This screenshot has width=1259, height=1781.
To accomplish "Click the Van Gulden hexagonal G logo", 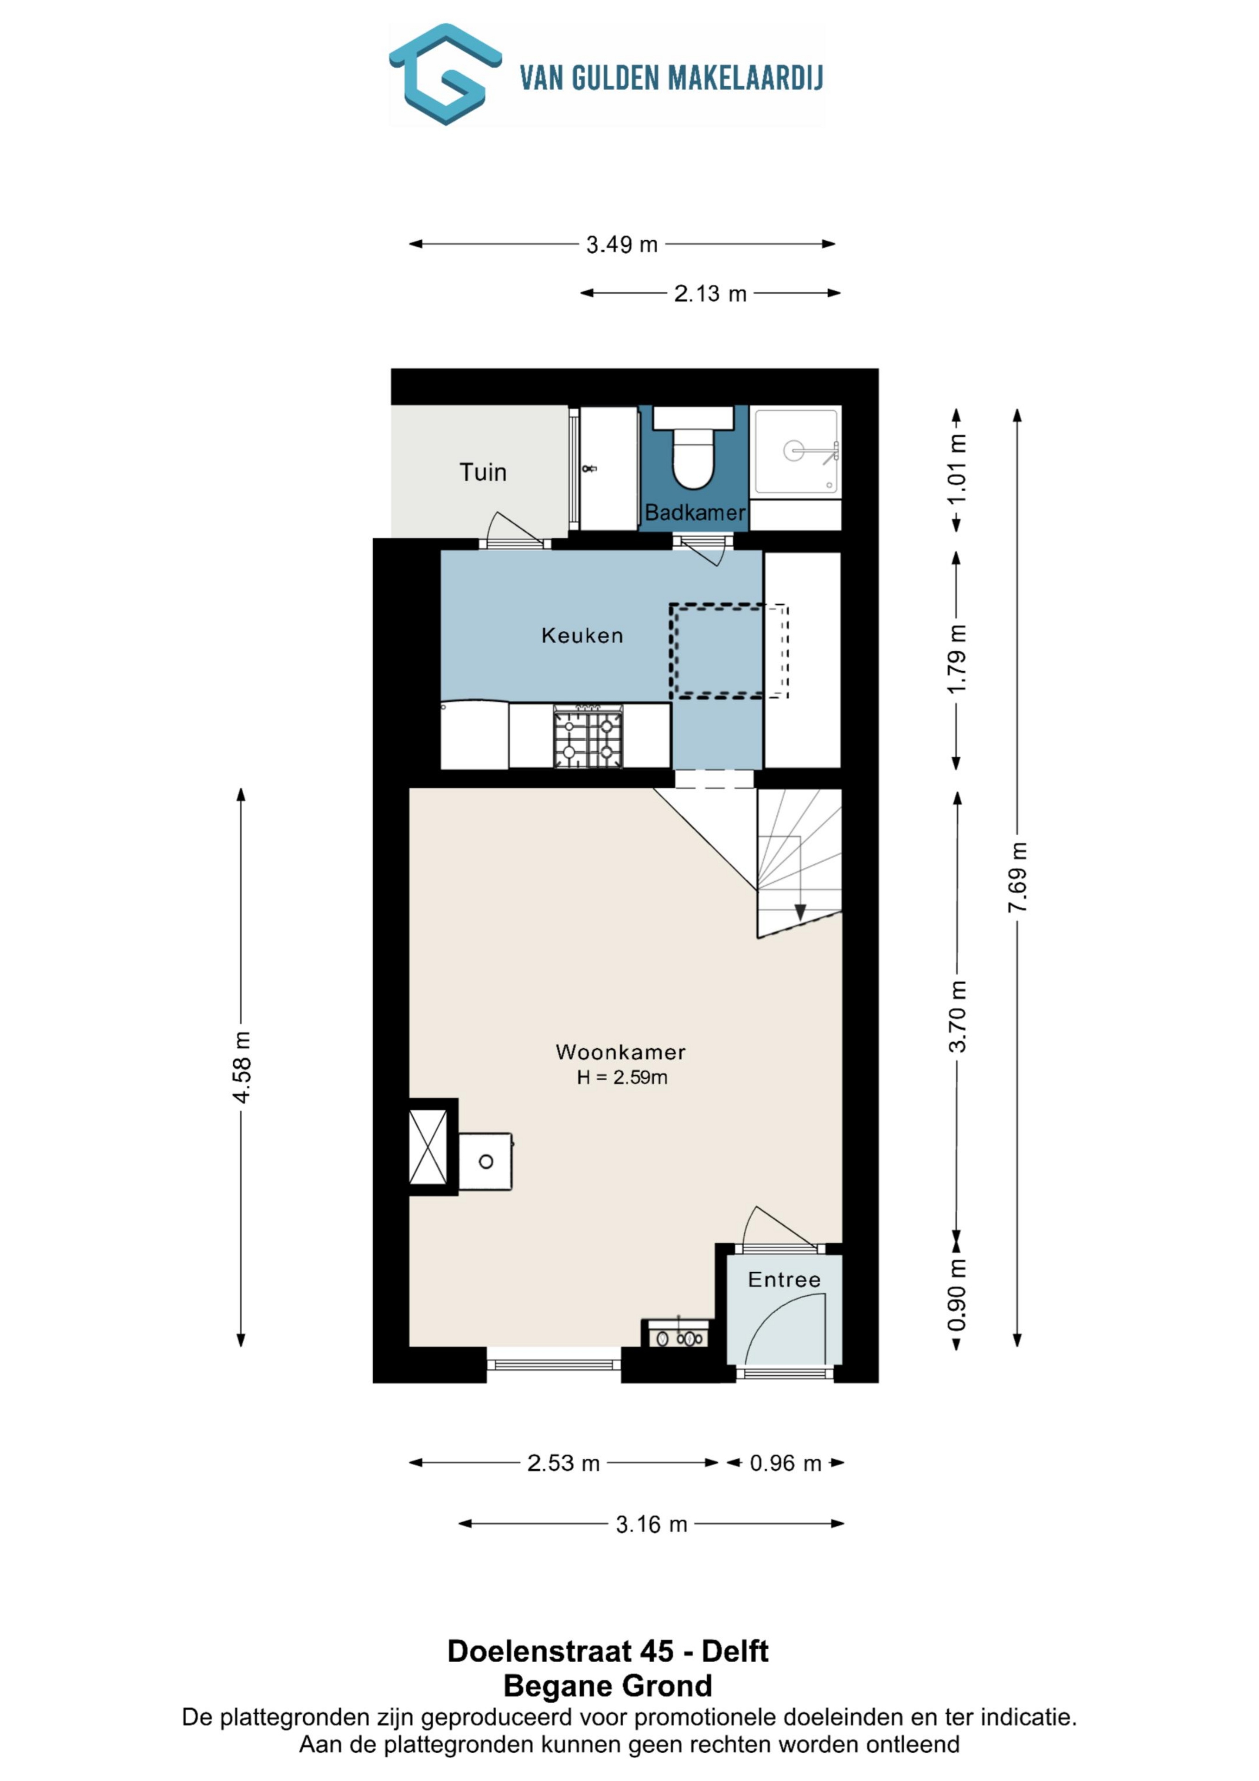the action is click(x=445, y=75).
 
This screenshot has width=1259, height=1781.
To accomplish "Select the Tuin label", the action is click(x=482, y=473).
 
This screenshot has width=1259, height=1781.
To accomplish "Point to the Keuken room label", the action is click(x=582, y=636).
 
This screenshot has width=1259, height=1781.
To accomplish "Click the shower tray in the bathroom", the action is click(x=796, y=451).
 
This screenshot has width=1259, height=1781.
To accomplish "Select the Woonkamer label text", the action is click(x=620, y=1053).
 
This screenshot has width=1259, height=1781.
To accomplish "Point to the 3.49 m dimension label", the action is click(x=621, y=245).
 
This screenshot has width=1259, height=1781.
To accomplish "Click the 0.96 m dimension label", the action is click(x=785, y=1464).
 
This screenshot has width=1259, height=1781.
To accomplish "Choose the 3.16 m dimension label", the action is click(x=652, y=1525).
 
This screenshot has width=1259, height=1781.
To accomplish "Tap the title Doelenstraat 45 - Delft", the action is click(x=607, y=1652).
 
